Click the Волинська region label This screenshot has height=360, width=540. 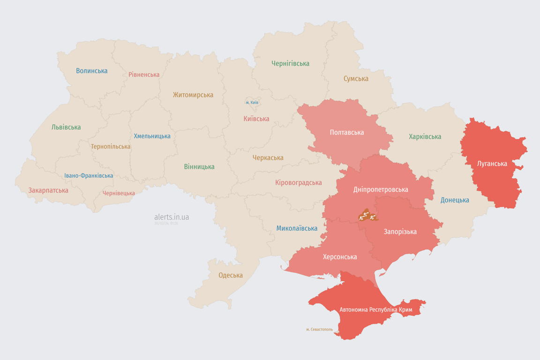[x=91, y=71]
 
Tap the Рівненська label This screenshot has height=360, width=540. [x=144, y=75]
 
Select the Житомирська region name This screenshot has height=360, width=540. [x=193, y=95]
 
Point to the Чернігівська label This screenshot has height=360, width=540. [x=290, y=63]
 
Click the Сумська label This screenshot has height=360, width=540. [x=356, y=78]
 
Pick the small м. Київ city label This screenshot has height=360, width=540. [x=252, y=102]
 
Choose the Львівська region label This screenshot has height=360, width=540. [x=66, y=127]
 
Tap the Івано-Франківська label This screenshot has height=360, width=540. [x=89, y=176]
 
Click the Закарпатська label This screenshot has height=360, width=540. [x=48, y=190]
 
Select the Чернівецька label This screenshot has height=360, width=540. [x=119, y=193]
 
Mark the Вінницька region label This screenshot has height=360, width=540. [x=199, y=166]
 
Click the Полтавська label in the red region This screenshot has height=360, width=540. [x=347, y=132]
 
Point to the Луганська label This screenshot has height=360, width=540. [x=492, y=164]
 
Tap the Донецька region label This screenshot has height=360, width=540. [x=455, y=200]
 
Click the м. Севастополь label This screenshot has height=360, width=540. [x=319, y=330]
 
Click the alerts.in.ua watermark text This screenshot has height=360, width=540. [x=172, y=217]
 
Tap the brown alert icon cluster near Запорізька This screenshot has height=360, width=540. [x=367, y=216]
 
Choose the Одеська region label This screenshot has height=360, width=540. [x=231, y=275]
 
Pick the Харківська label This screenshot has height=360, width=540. [x=425, y=136]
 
